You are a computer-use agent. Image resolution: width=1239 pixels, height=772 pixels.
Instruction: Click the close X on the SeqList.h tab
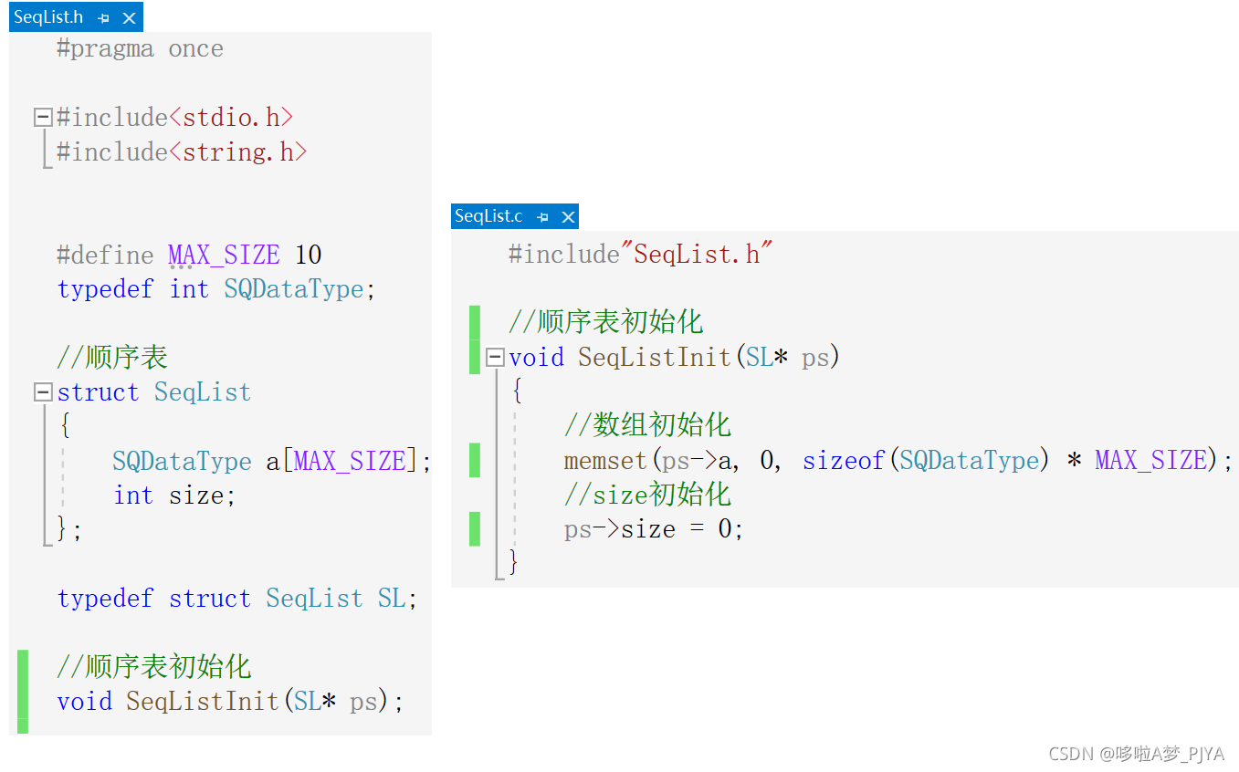coord(129,18)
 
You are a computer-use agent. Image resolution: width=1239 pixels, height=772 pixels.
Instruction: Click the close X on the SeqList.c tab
coord(568,217)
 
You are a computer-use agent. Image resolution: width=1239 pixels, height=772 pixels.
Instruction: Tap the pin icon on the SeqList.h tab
coord(103,18)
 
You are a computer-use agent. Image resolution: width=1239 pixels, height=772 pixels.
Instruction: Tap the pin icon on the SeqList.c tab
coord(542,217)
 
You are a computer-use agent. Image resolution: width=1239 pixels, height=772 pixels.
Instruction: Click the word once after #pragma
coord(195,49)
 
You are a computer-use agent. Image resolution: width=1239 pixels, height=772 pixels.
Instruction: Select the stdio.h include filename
coord(231,118)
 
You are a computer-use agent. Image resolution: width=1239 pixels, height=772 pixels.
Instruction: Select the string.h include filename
coord(237,152)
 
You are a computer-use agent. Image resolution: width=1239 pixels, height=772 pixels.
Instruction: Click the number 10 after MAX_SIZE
coord(308,255)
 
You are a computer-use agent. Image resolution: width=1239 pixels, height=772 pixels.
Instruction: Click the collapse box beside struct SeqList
coord(43,392)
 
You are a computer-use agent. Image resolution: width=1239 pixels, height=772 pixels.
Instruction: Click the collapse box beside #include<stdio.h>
coord(43,117)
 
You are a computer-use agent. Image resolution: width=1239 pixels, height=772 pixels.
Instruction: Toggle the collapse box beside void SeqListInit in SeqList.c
coord(495,357)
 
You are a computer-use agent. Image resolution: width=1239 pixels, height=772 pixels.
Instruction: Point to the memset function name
coord(605,461)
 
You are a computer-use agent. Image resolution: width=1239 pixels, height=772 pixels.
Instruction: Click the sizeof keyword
coord(844,461)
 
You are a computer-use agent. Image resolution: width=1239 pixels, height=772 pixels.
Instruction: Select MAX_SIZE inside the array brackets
coord(350,461)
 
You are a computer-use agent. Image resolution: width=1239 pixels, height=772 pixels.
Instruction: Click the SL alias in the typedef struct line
coord(392,599)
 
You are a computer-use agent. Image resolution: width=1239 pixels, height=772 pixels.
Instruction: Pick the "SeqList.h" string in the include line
coord(697,254)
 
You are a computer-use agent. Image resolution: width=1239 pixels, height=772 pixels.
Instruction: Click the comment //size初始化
coord(647,495)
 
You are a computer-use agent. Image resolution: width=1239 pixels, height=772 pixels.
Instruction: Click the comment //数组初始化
coord(647,425)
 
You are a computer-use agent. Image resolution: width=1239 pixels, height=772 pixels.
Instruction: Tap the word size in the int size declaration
coord(195,496)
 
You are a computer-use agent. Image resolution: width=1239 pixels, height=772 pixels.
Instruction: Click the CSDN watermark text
coord(1136,754)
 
